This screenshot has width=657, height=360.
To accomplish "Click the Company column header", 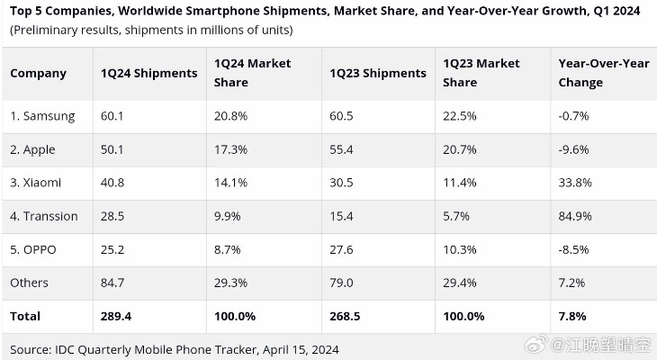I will click(x=39, y=73).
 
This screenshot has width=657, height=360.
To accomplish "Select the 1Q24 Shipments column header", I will click(x=148, y=73).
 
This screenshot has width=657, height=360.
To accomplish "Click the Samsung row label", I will click(x=42, y=116).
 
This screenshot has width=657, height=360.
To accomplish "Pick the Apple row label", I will click(x=35, y=149).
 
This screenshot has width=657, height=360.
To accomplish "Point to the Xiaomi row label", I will click(x=36, y=183).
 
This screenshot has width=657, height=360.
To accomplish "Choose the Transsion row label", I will click(x=44, y=216).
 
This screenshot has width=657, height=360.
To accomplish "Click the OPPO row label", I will click(x=33, y=249).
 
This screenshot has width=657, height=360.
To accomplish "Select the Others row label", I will click(x=30, y=283).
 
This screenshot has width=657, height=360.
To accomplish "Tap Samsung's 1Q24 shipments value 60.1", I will click(x=113, y=116).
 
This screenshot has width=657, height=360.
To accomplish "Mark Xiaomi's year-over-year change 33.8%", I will click(x=574, y=183).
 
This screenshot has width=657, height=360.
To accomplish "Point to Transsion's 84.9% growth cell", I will click(x=574, y=216).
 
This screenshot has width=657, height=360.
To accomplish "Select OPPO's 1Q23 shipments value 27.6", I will click(x=343, y=249).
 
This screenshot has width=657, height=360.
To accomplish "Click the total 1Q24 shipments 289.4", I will click(x=118, y=316).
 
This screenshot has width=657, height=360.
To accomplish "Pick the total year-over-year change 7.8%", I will click(x=572, y=316).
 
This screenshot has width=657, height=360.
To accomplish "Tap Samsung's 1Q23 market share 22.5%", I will click(x=460, y=116).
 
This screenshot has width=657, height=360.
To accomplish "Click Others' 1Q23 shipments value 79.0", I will click(x=343, y=283).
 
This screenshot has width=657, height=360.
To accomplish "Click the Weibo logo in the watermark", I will click(x=537, y=346).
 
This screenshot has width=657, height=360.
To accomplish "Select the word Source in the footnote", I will click(x=30, y=347).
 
